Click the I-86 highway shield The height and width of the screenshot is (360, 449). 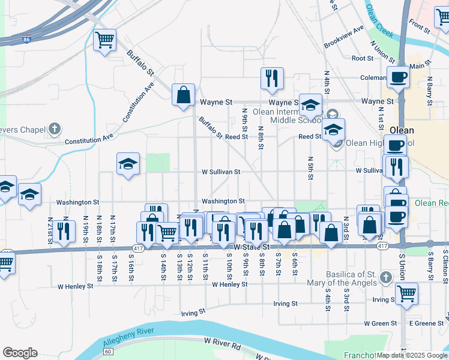26,39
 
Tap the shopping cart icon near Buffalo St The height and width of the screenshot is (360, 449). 105,40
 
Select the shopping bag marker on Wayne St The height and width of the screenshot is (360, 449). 183,95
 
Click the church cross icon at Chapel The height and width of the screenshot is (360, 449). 55,128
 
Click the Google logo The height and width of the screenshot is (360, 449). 20,353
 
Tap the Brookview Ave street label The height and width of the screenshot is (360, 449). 344,37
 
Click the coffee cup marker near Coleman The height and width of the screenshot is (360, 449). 398,77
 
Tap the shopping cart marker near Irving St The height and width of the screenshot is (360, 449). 406,293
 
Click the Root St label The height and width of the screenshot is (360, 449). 363,58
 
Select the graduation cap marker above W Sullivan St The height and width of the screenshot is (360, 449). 128,164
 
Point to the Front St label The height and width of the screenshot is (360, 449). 420,26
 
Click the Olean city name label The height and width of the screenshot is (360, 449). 402,130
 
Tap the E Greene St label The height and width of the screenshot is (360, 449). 426,323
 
